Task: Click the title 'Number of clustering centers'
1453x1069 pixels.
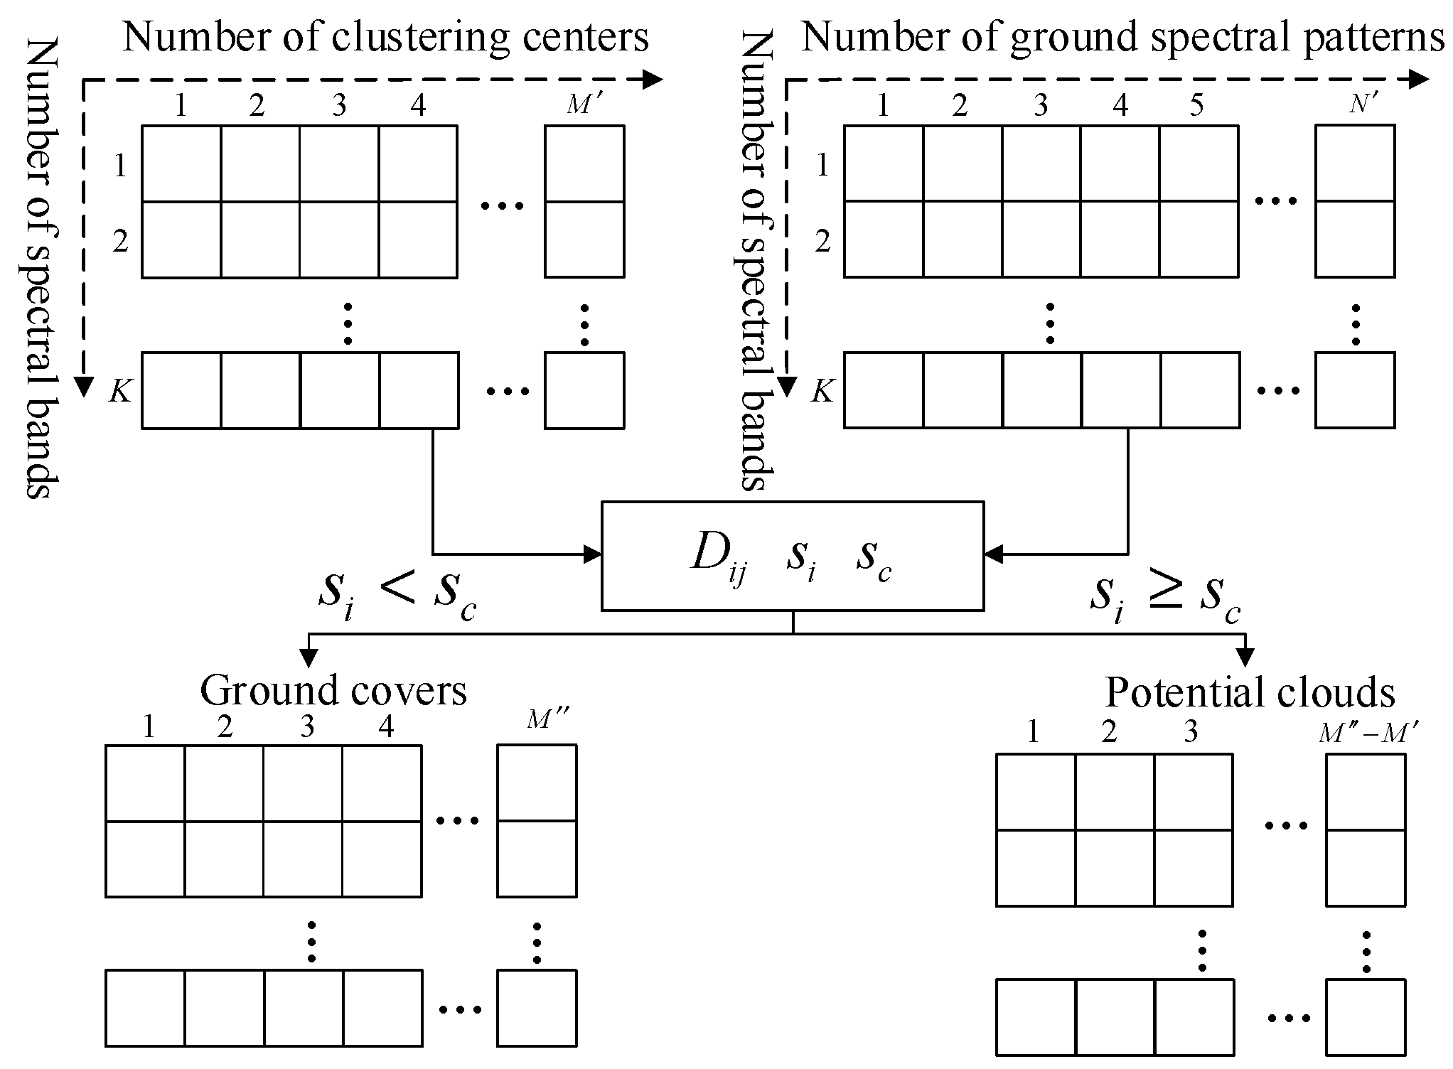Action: pyautogui.click(x=385, y=37)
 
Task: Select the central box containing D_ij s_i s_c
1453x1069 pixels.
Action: pyautogui.click(x=792, y=556)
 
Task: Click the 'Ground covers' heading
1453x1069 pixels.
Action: pyautogui.click(x=333, y=689)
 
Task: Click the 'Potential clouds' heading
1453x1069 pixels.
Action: pyautogui.click(x=1250, y=692)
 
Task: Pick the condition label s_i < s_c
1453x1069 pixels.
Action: pyautogui.click(x=397, y=594)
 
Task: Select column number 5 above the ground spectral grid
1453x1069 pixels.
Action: pyautogui.click(x=1197, y=105)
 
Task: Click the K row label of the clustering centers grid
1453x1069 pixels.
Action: pyautogui.click(x=119, y=391)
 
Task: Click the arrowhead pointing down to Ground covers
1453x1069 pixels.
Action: pyautogui.click(x=308, y=658)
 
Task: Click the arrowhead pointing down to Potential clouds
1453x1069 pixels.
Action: pyautogui.click(x=1245, y=658)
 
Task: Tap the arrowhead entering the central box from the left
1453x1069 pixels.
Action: pyautogui.click(x=593, y=553)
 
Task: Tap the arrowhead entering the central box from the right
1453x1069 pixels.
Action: pyautogui.click(x=993, y=553)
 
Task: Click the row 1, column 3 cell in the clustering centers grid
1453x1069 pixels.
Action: pyautogui.click(x=339, y=164)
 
